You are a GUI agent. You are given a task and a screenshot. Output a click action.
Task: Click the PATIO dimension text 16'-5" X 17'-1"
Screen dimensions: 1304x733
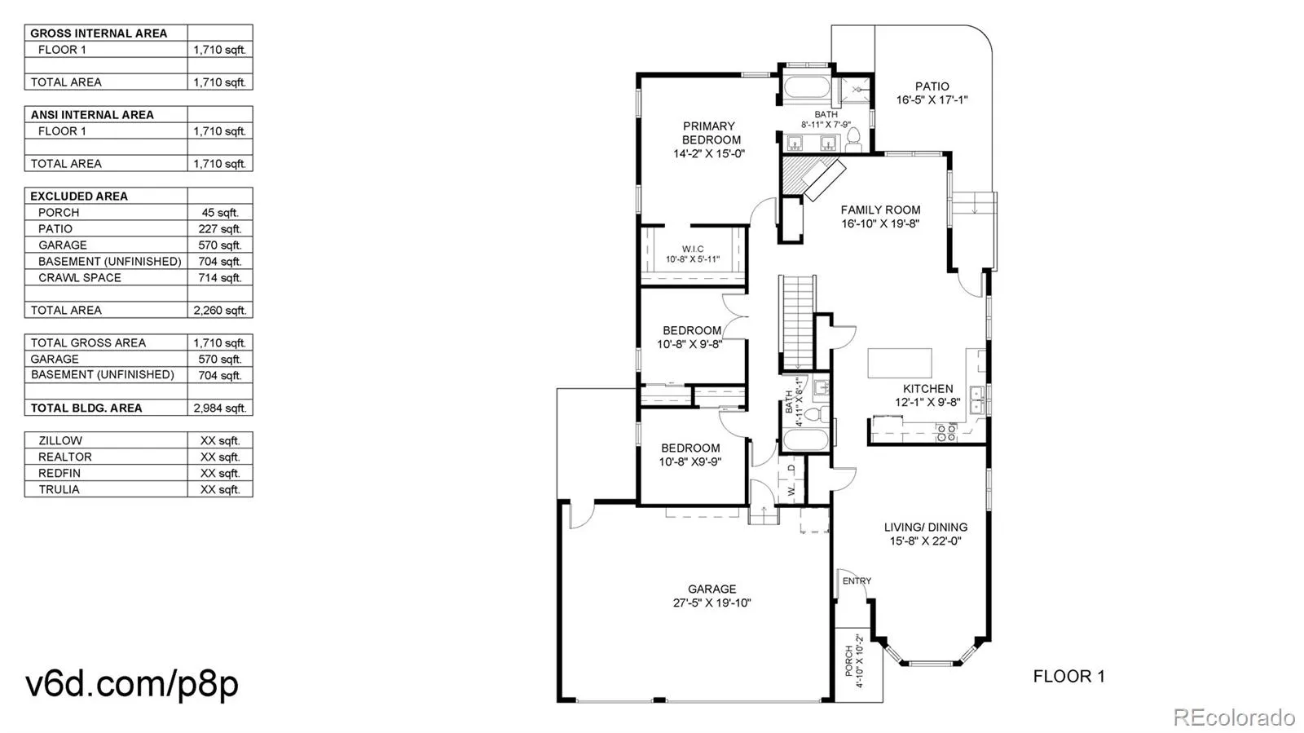click(x=932, y=100)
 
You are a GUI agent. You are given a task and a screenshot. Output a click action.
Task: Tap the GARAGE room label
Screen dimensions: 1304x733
click(x=712, y=589)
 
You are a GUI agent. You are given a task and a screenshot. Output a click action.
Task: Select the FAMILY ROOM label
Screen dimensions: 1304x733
click(x=880, y=210)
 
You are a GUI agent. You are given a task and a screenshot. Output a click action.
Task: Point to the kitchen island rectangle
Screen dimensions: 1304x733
click(x=900, y=364)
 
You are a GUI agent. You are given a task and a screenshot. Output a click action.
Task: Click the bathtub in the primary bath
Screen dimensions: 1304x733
click(x=806, y=88)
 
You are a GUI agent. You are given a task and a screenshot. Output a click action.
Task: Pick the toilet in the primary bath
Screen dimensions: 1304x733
click(x=853, y=140)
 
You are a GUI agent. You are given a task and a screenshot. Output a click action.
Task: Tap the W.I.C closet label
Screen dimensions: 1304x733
click(x=693, y=249)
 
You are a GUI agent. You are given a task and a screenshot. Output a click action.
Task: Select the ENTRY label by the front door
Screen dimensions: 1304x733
click(x=857, y=581)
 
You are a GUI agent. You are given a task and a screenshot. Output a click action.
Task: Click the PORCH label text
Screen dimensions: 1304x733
click(x=848, y=660)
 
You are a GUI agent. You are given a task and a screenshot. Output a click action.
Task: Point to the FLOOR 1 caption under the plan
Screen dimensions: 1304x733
click(x=1068, y=676)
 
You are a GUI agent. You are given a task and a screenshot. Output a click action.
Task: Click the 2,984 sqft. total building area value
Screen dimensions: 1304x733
click(x=219, y=408)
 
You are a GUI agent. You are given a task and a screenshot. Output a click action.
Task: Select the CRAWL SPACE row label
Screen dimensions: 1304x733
click(x=80, y=278)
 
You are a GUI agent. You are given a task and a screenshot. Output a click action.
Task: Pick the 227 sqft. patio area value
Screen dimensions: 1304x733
click(x=219, y=229)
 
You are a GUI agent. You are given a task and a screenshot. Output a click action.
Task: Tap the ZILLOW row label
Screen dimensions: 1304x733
click(x=60, y=441)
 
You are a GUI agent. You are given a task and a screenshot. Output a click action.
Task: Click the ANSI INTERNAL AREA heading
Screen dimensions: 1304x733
click(x=92, y=115)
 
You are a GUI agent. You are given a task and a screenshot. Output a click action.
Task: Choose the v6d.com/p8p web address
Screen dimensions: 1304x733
click(x=132, y=685)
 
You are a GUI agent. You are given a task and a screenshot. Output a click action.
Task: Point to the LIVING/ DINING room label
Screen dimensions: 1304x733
click(x=926, y=528)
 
